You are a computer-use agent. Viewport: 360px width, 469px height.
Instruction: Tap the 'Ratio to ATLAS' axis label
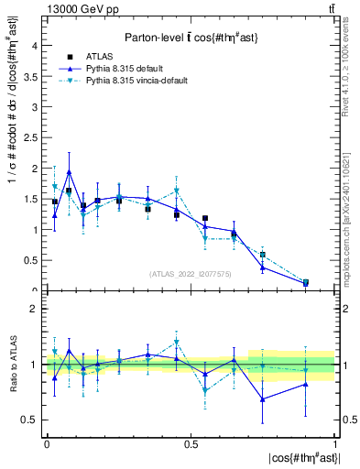[x=12, y=365]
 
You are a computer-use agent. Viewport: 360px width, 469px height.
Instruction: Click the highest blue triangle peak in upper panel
[x=70, y=172]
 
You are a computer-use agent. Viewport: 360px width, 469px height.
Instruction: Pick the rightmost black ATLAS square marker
[x=306, y=282]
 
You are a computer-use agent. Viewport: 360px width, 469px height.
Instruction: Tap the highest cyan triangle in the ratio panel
[x=176, y=343]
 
